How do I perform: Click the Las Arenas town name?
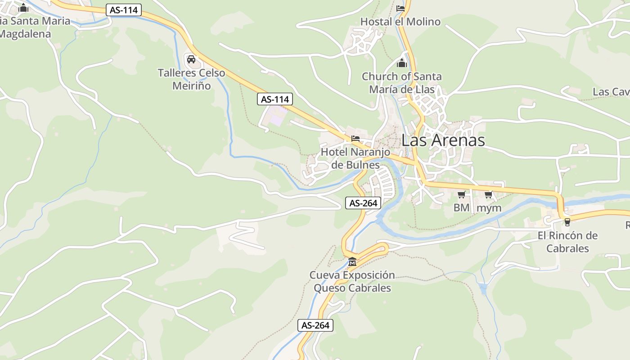[x=443, y=140]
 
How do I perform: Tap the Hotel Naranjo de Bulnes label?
[x=355, y=158]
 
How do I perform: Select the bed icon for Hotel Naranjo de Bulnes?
[x=355, y=138]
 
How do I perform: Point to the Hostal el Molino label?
[x=400, y=22]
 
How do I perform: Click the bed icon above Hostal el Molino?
[x=400, y=8]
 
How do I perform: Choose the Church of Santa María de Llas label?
[x=402, y=83]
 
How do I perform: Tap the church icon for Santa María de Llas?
[x=402, y=63]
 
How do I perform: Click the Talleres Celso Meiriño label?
[x=191, y=79]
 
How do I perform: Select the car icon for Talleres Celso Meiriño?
[x=191, y=59]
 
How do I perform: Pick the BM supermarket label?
[x=461, y=207]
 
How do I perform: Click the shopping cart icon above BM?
[x=461, y=195]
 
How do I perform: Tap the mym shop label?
[x=489, y=208]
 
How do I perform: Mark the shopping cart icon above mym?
[x=489, y=195]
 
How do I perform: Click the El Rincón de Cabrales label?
[x=567, y=242]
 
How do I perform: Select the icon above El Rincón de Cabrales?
[x=567, y=222]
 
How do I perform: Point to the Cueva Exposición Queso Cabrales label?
[x=352, y=281]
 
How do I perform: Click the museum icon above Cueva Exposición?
[x=352, y=261]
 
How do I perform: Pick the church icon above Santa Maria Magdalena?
[x=23, y=8]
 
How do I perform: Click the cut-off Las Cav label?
[x=611, y=92]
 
